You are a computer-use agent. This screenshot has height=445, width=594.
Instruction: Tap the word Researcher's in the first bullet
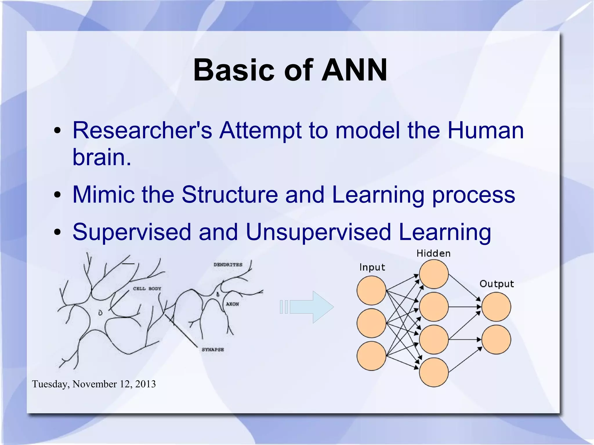[x=142, y=130]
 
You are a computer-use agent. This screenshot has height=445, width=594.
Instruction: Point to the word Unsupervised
[x=318, y=232]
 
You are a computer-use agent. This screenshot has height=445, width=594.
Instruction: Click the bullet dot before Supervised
[x=57, y=232]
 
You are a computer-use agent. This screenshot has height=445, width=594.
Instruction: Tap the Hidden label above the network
[x=433, y=254]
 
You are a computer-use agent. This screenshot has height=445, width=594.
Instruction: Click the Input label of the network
[x=372, y=267]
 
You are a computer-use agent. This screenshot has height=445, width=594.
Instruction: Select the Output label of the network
[x=497, y=284]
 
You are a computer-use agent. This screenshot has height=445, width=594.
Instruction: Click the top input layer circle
[x=371, y=290]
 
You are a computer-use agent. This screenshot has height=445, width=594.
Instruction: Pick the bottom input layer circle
[x=371, y=356]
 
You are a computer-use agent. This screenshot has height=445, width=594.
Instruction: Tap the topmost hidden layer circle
[x=434, y=274]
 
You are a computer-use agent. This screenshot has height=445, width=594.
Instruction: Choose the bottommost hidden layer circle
[x=434, y=372]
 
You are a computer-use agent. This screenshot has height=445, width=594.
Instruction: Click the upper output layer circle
[x=496, y=307]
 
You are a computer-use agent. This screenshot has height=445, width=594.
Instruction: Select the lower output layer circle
[x=496, y=339]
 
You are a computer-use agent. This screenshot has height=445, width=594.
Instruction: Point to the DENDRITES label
[x=228, y=265]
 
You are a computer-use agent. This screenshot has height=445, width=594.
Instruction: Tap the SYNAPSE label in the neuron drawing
[x=213, y=350]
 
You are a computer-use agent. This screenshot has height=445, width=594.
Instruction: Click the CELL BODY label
[x=147, y=288]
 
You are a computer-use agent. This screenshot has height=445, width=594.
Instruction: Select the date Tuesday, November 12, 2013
[x=94, y=384]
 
